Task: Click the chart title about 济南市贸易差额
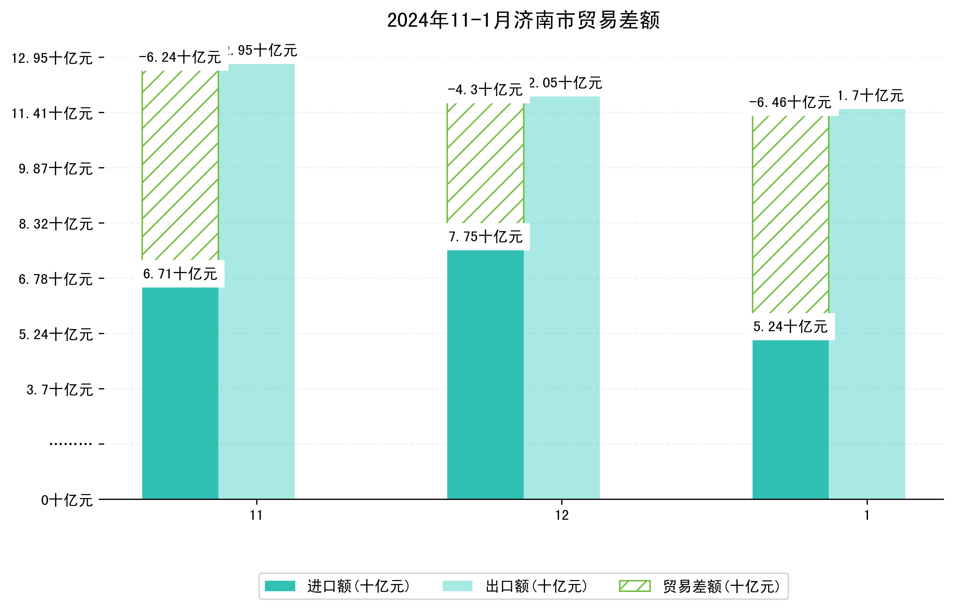coord(523,20)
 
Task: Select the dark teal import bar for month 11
coord(180,392)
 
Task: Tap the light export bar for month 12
coord(561,297)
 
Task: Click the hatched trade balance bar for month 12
coord(485,163)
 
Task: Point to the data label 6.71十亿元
coord(180,274)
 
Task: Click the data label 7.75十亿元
coord(485,237)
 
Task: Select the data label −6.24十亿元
coord(180,57)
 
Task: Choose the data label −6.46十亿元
coord(790,103)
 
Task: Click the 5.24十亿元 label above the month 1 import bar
coord(790,326)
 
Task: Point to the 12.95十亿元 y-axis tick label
coord(52,58)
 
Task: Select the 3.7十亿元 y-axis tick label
coord(60,390)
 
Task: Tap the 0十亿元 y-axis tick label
coord(67,500)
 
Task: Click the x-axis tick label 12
coord(562,515)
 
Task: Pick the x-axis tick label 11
coord(256,515)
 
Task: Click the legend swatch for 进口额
coord(280,586)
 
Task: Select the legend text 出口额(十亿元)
coord(536,586)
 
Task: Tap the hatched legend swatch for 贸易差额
coord(635,586)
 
